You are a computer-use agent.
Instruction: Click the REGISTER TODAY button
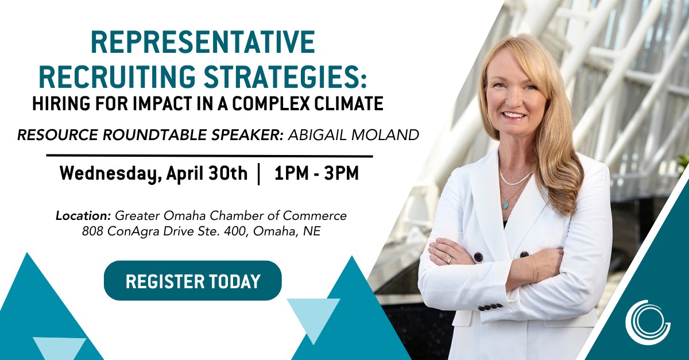[192, 281]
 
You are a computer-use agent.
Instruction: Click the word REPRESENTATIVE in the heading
[202, 43]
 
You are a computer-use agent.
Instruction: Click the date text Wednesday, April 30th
[153, 173]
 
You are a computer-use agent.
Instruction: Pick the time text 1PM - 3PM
[316, 173]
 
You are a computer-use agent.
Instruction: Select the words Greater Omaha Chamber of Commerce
[231, 216]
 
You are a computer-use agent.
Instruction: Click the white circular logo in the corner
[648, 322]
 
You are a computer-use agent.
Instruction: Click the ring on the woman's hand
[450, 260]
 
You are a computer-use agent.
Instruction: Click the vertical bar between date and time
[260, 173]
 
